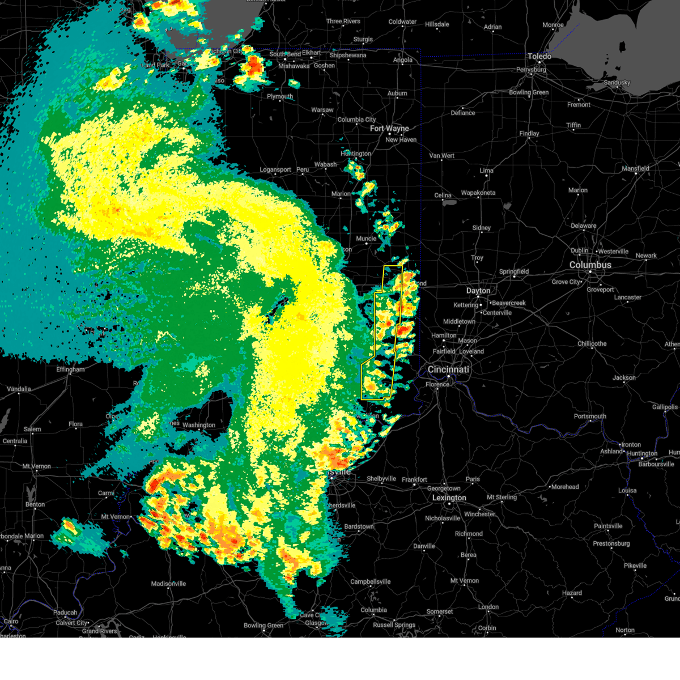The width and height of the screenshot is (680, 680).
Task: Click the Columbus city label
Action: coord(590,265)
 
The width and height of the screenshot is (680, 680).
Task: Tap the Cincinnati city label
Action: coord(448,369)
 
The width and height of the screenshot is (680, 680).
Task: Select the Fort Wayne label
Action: coord(389,129)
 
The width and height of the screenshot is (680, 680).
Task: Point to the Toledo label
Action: coord(539,56)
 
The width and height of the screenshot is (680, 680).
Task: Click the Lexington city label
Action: coord(449,498)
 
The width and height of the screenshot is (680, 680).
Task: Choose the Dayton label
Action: coord(478,291)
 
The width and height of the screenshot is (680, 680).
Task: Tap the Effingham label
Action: coord(70,369)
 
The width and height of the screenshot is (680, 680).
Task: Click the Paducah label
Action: coord(65,613)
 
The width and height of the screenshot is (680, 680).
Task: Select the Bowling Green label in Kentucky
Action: coord(263,626)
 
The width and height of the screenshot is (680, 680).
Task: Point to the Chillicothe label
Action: coord(592,344)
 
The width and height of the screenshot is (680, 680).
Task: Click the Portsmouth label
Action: coord(590,416)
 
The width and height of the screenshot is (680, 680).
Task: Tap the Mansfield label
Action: coord(635,169)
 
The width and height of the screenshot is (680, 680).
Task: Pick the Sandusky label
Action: coord(617,83)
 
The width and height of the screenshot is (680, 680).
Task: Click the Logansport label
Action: coord(275,170)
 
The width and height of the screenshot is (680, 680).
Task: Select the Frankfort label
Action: coord(414,480)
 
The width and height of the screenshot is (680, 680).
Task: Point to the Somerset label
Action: coord(440,612)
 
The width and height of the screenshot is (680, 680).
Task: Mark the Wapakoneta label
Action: coord(478,193)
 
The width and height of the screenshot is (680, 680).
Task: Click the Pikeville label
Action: coord(635,566)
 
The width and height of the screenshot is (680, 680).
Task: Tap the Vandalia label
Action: coord(19,389)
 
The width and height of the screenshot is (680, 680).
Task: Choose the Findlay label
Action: coord(529,134)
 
